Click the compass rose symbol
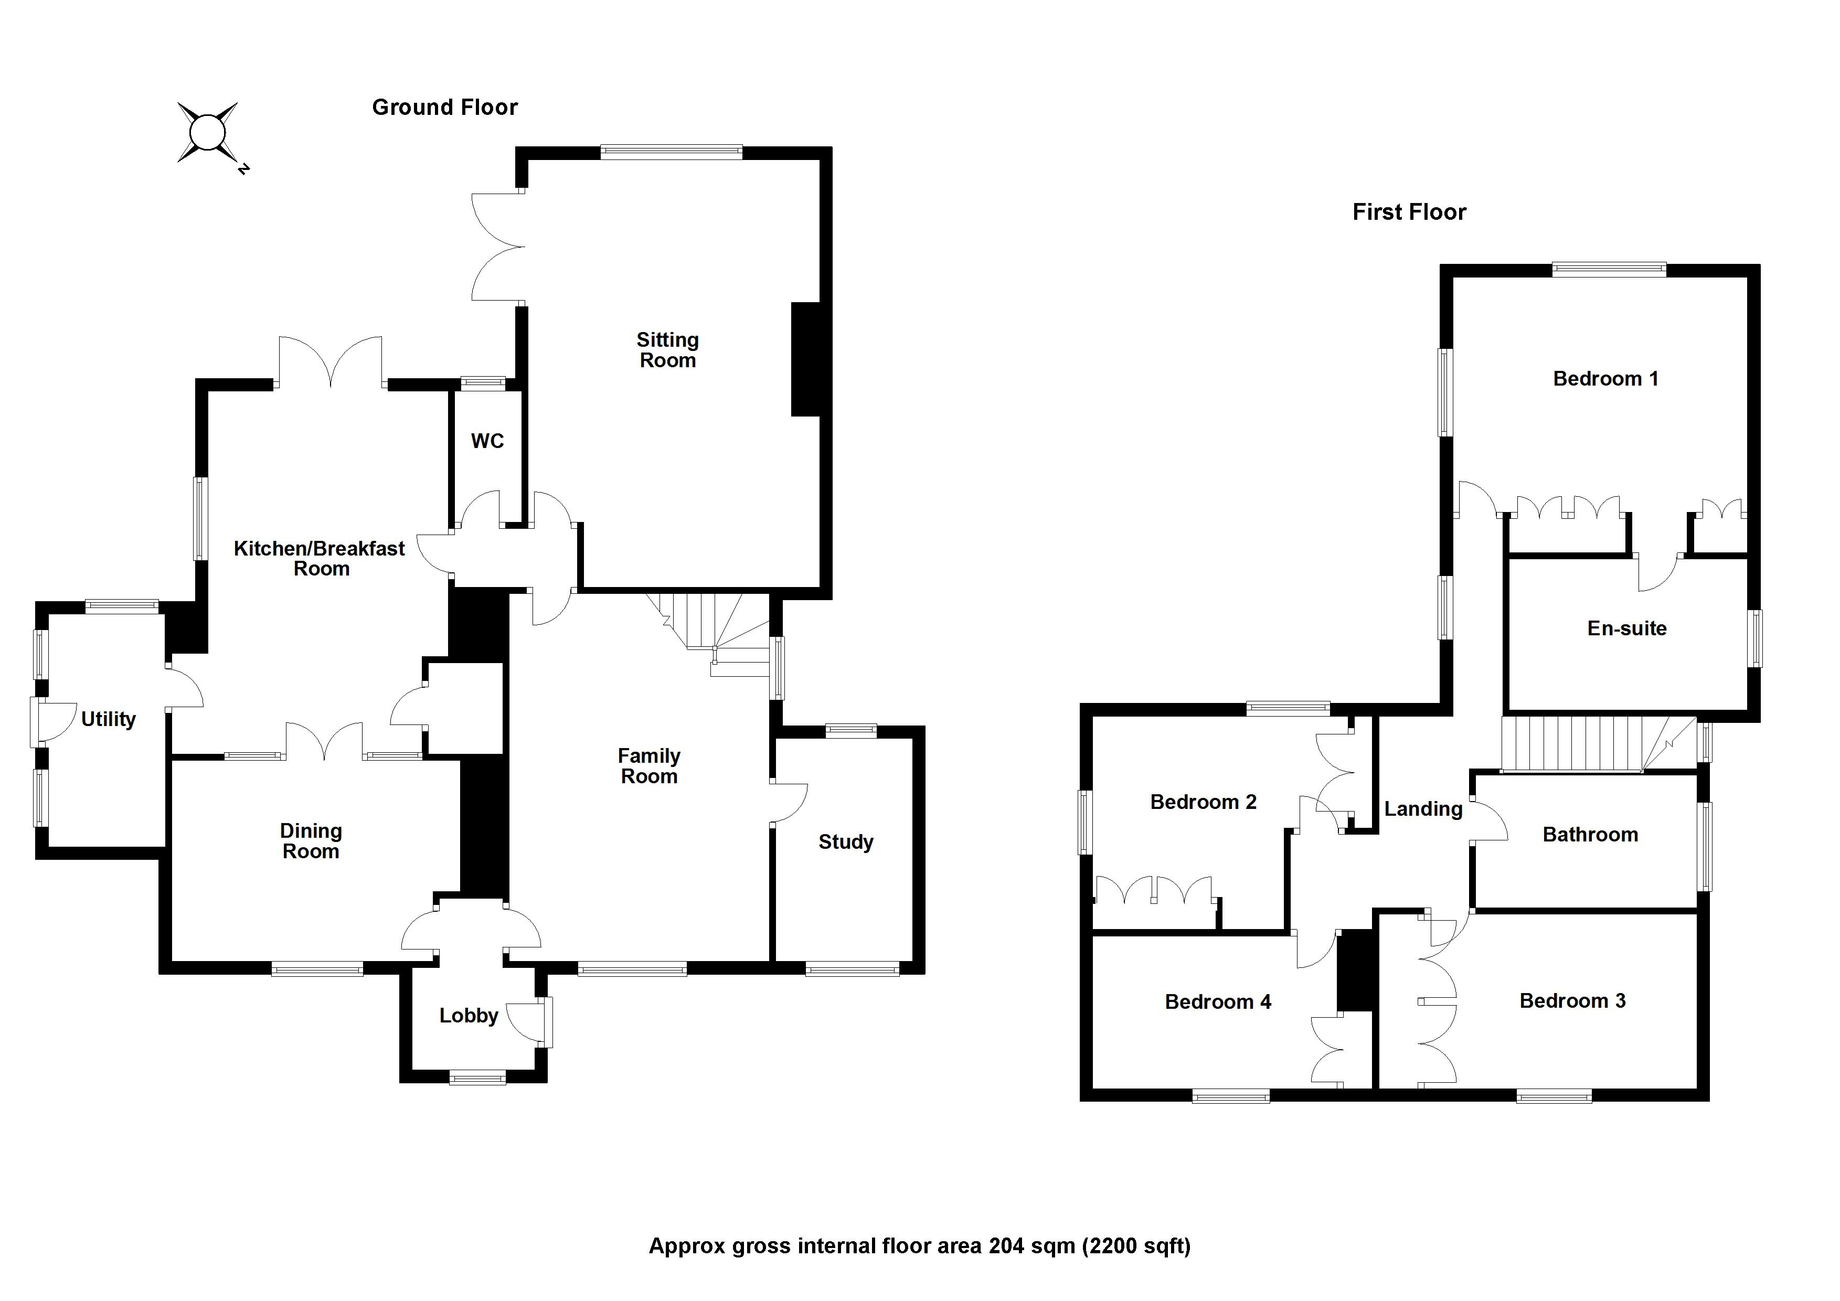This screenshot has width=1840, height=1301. coord(208,133)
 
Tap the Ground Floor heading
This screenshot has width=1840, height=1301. coord(445,108)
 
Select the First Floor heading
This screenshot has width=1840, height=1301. coord(1409,212)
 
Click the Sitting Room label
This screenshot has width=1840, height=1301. coord(667,350)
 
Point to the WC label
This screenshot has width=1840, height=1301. coord(487,441)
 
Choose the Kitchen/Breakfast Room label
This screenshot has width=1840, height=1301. coord(320,558)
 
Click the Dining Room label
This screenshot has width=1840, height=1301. coord(311,841)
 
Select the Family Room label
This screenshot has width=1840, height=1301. coord(649,766)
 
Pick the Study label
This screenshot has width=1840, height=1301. coord(845,842)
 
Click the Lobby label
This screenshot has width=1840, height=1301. coord(469,1016)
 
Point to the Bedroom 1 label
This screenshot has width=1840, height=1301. coord(1605,379)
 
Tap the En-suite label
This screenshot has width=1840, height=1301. coord(1627,629)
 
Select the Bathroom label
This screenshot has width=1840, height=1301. coord(1590,835)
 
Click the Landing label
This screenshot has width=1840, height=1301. coord(1423,809)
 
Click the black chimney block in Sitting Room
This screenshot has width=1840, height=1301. coord(805,359)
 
